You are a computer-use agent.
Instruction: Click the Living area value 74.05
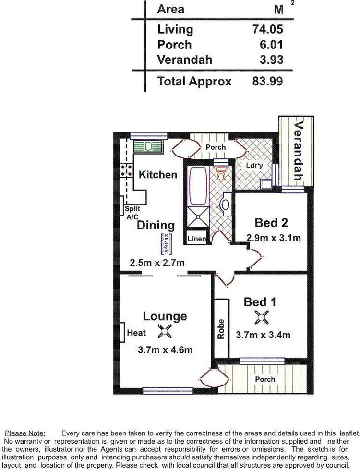[267, 29]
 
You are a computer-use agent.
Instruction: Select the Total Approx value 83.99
[267, 81]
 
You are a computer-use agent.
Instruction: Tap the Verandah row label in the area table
[185, 60]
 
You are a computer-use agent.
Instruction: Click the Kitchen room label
[158, 174]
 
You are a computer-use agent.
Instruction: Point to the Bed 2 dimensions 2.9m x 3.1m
[274, 238]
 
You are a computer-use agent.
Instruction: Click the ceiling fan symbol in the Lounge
[165, 331]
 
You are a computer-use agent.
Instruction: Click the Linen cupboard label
[197, 239]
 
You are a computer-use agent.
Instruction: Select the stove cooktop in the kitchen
[127, 169]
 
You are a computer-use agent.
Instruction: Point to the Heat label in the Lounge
[136, 333]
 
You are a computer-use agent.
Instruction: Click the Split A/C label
[132, 213]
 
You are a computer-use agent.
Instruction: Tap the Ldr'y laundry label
[254, 166]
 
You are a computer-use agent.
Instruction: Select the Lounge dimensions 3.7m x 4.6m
[165, 349]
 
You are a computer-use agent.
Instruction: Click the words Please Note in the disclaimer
[25, 433]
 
